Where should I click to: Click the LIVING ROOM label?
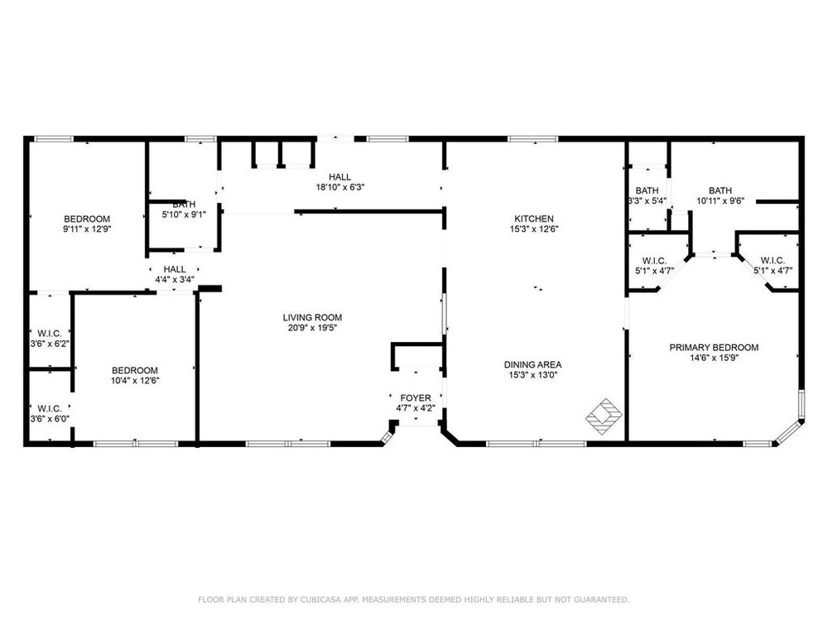coord(312,317)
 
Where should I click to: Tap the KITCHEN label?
coord(534,219)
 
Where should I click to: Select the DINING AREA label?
coord(532,364)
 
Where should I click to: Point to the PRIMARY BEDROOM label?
coord(714,348)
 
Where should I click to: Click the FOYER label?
coord(416,397)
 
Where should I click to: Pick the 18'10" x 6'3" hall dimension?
coord(340,187)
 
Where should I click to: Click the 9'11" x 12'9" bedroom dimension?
coord(87,229)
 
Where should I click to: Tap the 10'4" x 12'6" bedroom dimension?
coord(135,380)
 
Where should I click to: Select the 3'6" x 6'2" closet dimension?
coord(50,344)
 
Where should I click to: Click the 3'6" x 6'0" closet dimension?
coord(50,419)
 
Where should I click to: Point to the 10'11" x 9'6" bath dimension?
coord(720,200)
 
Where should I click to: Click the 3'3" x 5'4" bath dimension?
coord(647,200)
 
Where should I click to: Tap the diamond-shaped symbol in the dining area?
coord(604,416)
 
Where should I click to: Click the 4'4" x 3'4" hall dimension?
coord(174,279)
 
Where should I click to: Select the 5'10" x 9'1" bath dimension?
coord(184,214)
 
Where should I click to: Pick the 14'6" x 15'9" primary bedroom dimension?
coord(714,358)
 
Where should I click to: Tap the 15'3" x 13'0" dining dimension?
coord(532,375)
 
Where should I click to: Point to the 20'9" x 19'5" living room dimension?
coord(312,327)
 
